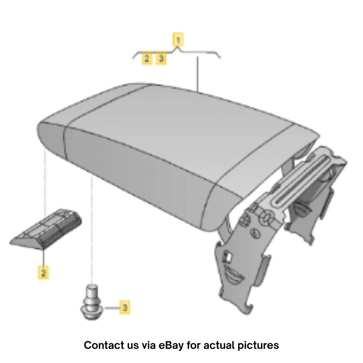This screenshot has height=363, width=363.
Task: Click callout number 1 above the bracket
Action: coord(178,40)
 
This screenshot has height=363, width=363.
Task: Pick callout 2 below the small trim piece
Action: coord(43,272)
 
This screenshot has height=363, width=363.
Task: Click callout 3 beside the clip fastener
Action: coord(125,307)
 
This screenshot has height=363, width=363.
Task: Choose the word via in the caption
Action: coord(149,345)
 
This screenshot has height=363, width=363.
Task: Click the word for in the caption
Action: coord(194,345)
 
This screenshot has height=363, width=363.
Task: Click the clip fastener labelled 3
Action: coord(92,302)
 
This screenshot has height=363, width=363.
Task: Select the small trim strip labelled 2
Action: coord(46,229)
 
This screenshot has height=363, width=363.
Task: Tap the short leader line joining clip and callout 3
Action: coord(112,308)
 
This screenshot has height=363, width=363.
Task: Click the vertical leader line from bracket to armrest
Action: coord(198,74)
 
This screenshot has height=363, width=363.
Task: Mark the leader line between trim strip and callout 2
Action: coord(44,258)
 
